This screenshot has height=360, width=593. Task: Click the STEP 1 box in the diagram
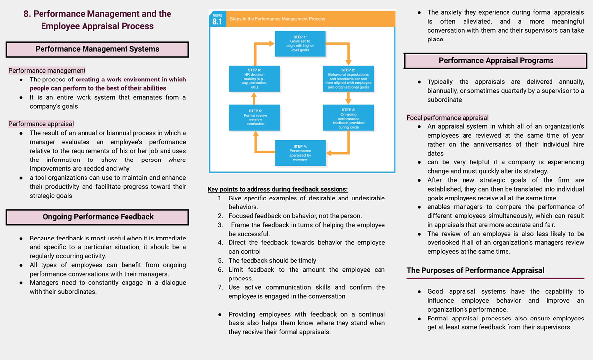[x=299, y=43]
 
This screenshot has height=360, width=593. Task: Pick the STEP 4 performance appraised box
[x=299, y=153]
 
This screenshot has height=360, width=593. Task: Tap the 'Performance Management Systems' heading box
[x=97, y=49]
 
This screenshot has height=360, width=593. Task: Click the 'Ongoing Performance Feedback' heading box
[x=97, y=217]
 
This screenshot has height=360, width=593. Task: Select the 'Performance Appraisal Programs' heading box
[x=496, y=61]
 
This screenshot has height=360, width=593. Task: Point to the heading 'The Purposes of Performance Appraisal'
[x=475, y=270]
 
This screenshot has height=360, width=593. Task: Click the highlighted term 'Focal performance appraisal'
[x=447, y=118]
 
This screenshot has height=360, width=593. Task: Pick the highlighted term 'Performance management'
[x=47, y=71]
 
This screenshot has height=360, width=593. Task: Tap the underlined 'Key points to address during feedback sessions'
[x=277, y=189]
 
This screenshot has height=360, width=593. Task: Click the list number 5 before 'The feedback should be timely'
[x=220, y=261]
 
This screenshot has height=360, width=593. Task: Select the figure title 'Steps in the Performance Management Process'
[x=277, y=19]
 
